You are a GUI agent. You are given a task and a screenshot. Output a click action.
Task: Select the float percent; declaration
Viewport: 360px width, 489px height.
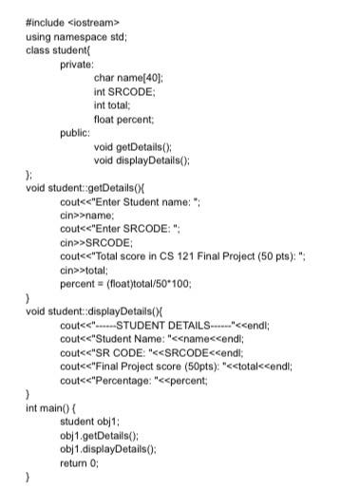(x=129, y=119)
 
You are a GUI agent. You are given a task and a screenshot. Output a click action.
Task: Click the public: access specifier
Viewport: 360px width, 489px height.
(x=74, y=133)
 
